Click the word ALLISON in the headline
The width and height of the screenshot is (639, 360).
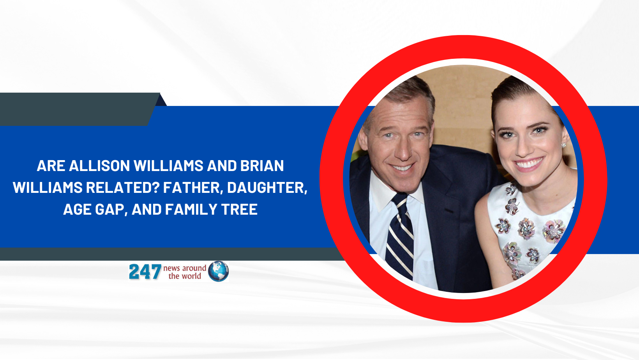tap(100, 166)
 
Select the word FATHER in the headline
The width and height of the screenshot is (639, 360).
tap(193, 188)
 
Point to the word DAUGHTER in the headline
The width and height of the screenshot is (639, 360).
tap(267, 188)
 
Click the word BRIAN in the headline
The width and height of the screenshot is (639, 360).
tap(262, 166)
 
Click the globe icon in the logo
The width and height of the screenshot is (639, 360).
tap(218, 271)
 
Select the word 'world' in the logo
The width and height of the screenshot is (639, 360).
tap(192, 276)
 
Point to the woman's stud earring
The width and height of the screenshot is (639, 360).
tap(564, 145)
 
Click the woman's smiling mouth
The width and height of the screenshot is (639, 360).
tap(529, 164)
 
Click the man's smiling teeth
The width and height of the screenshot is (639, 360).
tap(402, 168)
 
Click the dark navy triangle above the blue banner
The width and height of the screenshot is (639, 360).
tap(161, 101)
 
